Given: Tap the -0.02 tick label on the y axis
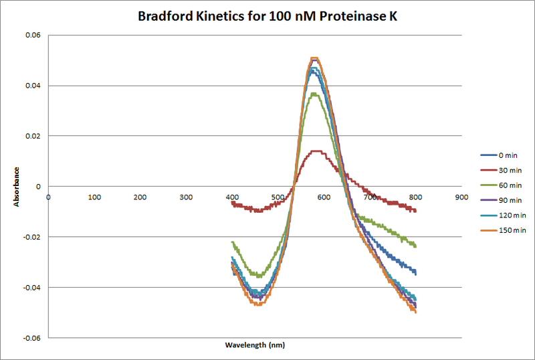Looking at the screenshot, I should [29, 237].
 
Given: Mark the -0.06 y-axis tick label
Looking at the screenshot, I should [29, 338].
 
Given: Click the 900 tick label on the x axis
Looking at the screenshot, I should [461, 197].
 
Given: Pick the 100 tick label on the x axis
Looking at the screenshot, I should [94, 197].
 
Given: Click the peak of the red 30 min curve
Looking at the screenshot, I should [318, 151].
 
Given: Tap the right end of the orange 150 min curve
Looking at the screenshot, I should [416, 312].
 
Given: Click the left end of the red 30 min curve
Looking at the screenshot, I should [232, 202].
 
